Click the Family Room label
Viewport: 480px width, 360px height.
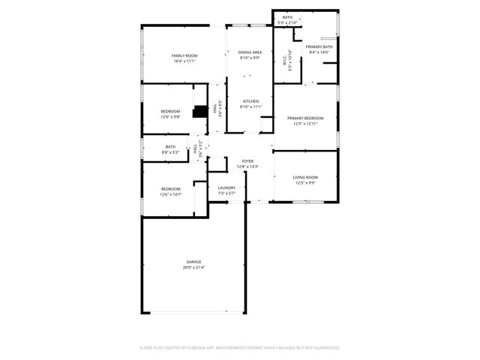click(184, 55)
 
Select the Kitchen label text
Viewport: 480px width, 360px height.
click(250, 101)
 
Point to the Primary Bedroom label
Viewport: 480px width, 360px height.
click(306, 118)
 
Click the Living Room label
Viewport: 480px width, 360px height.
click(305, 177)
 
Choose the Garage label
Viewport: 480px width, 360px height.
click(193, 262)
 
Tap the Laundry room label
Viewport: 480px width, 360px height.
click(226, 187)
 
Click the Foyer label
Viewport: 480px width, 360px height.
click(247, 161)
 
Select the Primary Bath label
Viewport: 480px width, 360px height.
click(319, 46)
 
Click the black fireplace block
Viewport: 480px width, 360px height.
click(199, 112)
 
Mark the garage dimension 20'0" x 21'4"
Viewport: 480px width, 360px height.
click(193, 267)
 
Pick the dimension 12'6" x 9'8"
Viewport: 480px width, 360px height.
click(170, 117)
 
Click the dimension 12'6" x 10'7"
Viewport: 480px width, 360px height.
click(170, 194)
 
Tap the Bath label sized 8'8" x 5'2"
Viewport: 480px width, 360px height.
click(170, 147)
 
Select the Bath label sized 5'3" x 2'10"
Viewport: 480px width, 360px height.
click(287, 17)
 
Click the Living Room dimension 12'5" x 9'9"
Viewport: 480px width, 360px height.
click(305, 182)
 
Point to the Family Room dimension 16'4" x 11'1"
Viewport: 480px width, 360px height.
click(184, 61)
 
